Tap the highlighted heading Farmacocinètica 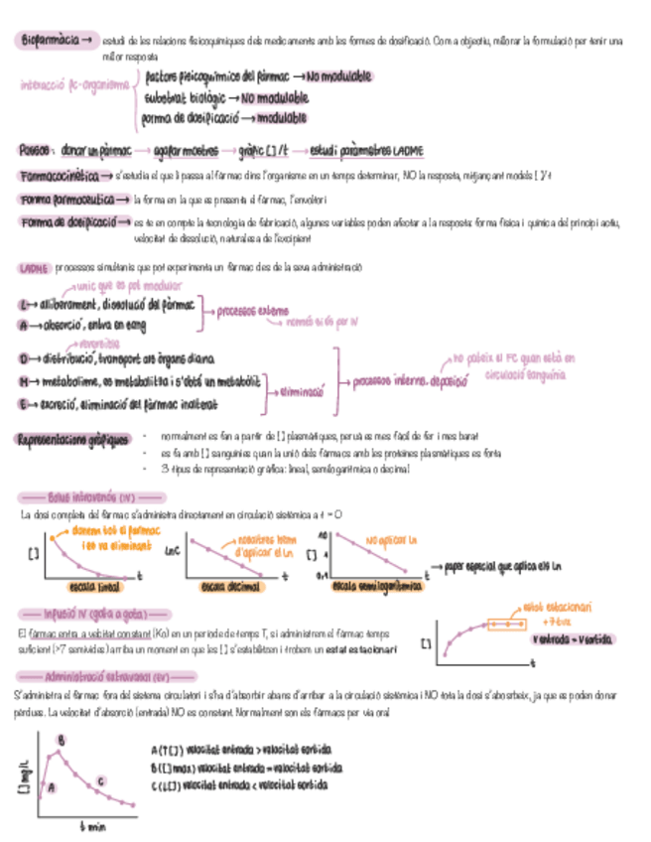point(60,176)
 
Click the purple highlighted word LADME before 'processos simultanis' point(34,268)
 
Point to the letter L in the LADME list point(23,304)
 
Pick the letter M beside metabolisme point(23,380)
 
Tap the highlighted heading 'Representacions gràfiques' point(73,438)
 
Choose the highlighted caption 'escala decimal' point(225,587)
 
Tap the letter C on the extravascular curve point(101,781)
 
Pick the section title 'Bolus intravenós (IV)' point(90,495)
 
